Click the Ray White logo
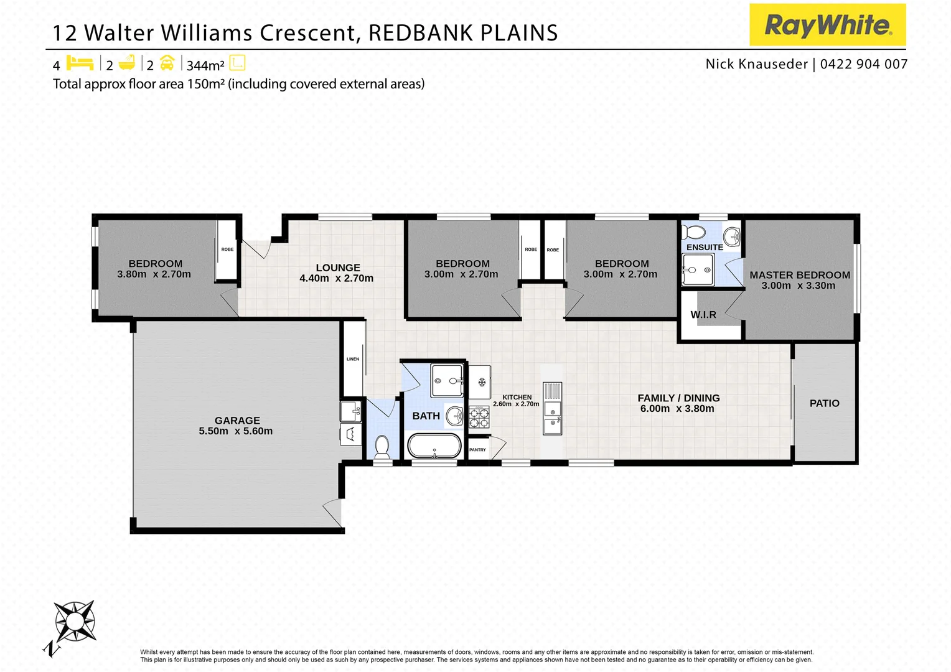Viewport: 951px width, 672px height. tap(827, 25)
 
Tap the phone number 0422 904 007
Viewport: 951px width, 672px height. tap(864, 64)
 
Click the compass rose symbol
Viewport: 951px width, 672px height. tap(75, 621)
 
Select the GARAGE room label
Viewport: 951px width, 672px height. tap(237, 421)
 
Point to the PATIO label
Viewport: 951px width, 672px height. tap(824, 403)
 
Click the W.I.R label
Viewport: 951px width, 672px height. tap(703, 315)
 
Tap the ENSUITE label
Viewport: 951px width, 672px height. tap(705, 247)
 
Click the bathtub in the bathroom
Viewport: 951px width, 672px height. tap(434, 446)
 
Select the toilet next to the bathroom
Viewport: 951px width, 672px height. tap(382, 447)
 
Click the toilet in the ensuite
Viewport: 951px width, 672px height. tap(693, 233)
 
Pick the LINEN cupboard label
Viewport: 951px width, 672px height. tap(353, 359)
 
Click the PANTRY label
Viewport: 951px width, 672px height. tap(477, 450)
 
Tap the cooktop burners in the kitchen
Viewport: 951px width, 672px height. tap(479, 417)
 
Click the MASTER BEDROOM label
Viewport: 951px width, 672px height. tap(799, 275)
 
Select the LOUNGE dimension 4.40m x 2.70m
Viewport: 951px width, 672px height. tap(336, 279)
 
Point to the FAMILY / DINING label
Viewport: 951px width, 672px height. tap(678, 398)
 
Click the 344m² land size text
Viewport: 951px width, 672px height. tap(205, 65)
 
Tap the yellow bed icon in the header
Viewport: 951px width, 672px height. tap(80, 63)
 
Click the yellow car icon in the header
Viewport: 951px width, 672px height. tap(167, 63)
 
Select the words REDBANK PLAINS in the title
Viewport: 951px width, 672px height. tap(463, 33)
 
